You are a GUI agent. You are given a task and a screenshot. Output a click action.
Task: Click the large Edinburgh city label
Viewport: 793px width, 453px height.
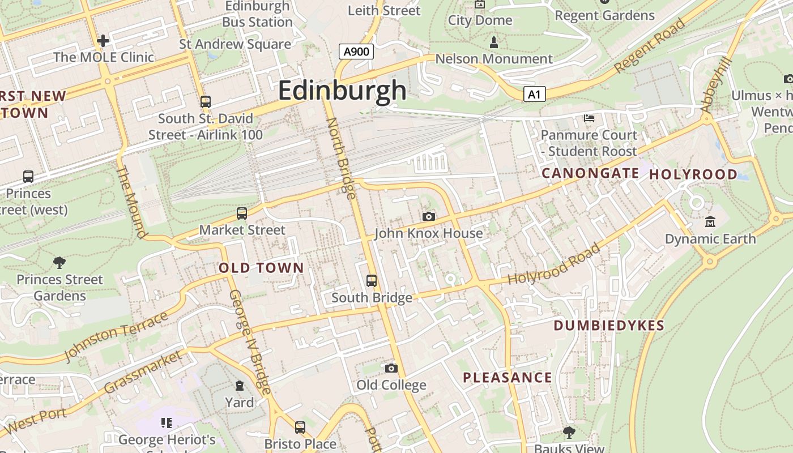pyautogui.click(x=342, y=91)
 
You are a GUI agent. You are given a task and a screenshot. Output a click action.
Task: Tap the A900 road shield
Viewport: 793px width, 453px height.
pyautogui.click(x=357, y=52)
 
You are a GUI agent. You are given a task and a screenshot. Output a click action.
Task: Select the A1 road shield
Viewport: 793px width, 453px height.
pyautogui.click(x=534, y=95)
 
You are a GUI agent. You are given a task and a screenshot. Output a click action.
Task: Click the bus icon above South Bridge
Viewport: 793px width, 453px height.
pyautogui.click(x=372, y=281)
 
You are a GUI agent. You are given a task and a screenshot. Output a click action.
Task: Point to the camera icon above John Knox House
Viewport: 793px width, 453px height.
pyautogui.click(x=429, y=216)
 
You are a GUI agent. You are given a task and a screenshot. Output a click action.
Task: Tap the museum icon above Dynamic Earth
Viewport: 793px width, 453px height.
pyautogui.click(x=710, y=222)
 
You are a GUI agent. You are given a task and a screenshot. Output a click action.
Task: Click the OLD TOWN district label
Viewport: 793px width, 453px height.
pyautogui.click(x=261, y=268)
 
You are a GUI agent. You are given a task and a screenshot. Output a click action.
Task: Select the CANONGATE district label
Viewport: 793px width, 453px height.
pyautogui.click(x=590, y=173)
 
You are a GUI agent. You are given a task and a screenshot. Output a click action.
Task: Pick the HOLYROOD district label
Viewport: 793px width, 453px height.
pyautogui.click(x=693, y=174)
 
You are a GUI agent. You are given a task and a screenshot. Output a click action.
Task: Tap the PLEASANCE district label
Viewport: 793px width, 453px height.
pyautogui.click(x=507, y=378)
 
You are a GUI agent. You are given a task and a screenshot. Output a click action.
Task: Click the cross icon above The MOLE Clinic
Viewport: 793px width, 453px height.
pyautogui.click(x=103, y=41)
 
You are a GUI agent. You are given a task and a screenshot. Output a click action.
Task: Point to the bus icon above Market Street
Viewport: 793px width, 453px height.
pyautogui.click(x=242, y=213)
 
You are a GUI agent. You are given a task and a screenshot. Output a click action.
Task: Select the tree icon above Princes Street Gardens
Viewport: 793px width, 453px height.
pyautogui.click(x=59, y=263)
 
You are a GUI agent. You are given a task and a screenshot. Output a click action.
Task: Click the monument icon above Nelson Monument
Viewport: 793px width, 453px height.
pyautogui.click(x=494, y=42)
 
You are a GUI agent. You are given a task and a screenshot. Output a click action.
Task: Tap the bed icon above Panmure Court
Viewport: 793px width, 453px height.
pyautogui.click(x=589, y=118)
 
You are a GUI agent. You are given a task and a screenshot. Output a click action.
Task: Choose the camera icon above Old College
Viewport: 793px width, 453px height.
pyautogui.click(x=391, y=369)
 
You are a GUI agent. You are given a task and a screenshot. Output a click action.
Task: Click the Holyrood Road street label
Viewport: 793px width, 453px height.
pyautogui.click(x=553, y=265)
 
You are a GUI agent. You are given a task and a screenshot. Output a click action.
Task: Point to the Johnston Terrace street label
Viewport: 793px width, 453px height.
pyautogui.click(x=117, y=335)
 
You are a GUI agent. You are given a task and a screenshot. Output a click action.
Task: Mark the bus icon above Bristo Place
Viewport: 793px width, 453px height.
pyautogui.click(x=300, y=427)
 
